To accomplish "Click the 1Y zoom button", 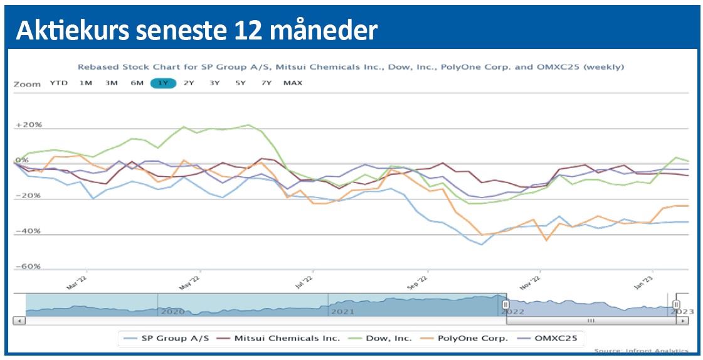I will (163, 83).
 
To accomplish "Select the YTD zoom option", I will (60, 83).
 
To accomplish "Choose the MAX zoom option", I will (292, 83).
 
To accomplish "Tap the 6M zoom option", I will (137, 83).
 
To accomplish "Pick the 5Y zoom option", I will (240, 83).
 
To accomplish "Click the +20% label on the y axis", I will (28, 125).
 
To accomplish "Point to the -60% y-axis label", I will (28, 267).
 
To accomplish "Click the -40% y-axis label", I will (28, 231).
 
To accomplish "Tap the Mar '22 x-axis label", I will (76, 283).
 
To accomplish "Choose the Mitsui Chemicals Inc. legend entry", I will (280, 339).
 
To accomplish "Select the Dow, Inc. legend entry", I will (381, 339).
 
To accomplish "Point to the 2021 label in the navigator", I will (344, 311).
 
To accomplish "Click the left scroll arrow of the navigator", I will (19, 320).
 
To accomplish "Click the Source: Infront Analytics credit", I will (640, 351).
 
